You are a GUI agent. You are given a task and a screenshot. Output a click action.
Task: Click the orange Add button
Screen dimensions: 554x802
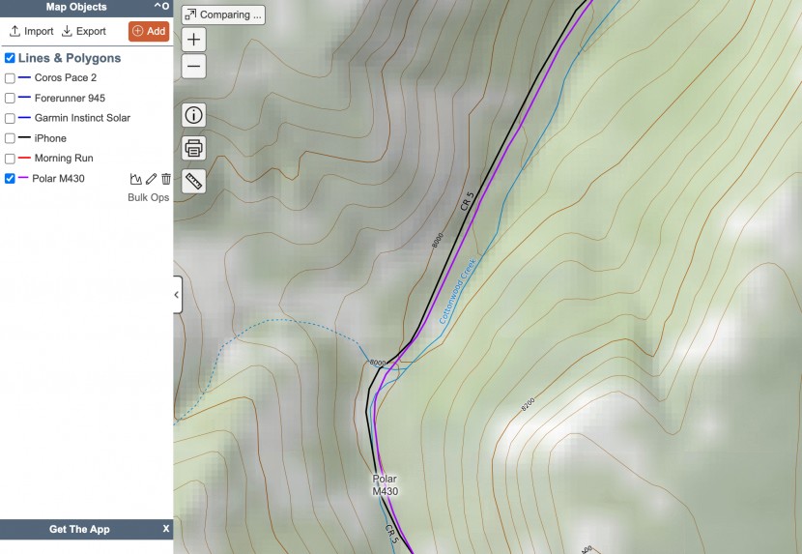point(149,31)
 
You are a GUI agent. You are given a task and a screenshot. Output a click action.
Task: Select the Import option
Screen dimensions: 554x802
point(32,31)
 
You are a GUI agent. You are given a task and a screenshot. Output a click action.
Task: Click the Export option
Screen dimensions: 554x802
point(84,31)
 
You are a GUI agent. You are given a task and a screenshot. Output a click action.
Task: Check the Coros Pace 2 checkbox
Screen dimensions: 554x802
point(10,78)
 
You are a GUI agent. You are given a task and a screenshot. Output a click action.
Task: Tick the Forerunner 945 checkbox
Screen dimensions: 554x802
point(10,99)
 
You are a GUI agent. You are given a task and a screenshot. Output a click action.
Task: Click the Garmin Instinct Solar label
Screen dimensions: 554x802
point(82,118)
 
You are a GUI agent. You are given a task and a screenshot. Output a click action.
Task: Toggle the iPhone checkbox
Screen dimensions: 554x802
point(10,138)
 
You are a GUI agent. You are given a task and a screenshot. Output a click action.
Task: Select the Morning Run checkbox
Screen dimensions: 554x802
point(10,159)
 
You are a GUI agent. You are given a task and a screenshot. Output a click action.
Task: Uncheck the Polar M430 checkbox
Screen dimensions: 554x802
point(10,179)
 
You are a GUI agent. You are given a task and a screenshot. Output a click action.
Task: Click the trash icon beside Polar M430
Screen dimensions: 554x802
point(166,179)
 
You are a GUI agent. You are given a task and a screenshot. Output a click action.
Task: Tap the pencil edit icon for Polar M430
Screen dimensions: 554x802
point(151,179)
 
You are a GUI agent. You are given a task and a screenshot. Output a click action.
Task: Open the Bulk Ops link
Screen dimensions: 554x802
point(148,197)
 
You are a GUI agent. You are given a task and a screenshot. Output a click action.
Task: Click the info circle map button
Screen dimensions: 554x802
point(194,115)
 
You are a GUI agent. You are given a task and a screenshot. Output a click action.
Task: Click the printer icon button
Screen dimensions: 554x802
point(194,148)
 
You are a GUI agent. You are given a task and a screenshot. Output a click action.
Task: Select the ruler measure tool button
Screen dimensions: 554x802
point(194,181)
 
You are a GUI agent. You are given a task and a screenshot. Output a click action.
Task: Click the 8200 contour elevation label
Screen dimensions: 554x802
point(528,405)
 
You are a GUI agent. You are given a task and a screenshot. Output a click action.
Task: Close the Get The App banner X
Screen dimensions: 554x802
point(165,529)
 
